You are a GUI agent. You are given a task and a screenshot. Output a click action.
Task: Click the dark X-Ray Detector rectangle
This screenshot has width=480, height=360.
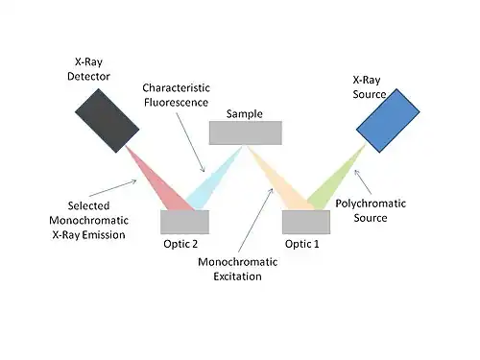108,121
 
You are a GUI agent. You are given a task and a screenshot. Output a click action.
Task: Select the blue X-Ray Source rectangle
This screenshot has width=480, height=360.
388,121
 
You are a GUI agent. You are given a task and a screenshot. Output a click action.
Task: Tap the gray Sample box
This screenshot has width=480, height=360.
246,132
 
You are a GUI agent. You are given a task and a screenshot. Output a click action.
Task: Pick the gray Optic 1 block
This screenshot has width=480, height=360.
306,222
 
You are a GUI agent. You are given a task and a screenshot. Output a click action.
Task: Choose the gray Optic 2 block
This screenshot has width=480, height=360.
185,222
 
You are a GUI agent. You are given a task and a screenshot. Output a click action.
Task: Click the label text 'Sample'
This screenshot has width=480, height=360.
245,114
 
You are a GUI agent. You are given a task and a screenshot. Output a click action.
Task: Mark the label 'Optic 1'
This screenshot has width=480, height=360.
302,244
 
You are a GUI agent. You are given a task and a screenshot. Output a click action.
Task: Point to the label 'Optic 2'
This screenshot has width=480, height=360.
180,244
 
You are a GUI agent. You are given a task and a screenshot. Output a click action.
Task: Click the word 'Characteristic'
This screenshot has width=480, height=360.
176,87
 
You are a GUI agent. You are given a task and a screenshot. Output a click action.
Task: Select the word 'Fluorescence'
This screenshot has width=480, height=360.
176,103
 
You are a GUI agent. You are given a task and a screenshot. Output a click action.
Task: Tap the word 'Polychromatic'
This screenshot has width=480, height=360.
371,204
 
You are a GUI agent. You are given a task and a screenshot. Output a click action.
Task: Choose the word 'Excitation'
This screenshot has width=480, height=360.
237,276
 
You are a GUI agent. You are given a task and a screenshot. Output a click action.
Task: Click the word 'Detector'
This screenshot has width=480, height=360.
88,76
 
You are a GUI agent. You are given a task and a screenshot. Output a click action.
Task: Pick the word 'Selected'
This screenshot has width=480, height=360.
88,205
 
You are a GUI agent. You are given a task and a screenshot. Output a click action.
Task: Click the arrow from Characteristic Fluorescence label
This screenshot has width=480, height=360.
190,143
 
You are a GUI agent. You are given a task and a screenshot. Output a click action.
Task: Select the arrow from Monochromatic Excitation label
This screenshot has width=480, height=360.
255,220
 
